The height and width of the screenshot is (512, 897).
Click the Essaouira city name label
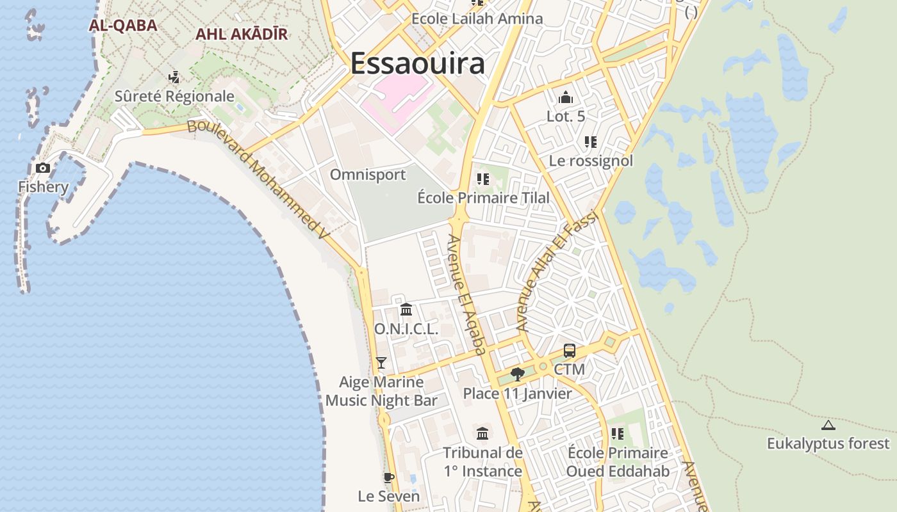[x=417, y=64]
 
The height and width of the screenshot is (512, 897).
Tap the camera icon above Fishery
[x=43, y=168]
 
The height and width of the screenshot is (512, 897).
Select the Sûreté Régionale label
[x=174, y=97]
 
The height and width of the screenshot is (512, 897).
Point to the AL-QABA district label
[x=123, y=26]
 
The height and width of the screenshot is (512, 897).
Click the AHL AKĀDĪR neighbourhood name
[x=242, y=34]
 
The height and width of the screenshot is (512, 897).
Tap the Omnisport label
[x=368, y=175]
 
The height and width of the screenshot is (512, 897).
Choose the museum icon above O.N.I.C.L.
[x=406, y=310]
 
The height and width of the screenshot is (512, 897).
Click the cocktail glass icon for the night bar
[x=381, y=363]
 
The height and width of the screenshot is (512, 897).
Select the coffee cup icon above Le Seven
[x=388, y=477]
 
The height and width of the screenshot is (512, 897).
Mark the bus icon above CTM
[x=570, y=351]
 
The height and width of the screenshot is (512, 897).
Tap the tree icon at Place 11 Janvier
[x=518, y=374]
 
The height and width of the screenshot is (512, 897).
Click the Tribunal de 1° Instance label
[x=482, y=462]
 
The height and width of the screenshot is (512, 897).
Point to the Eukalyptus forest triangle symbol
[x=828, y=426]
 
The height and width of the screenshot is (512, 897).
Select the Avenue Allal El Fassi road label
[x=561, y=271]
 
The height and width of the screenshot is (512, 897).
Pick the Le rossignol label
[x=591, y=161]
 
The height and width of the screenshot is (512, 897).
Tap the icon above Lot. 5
[x=566, y=98]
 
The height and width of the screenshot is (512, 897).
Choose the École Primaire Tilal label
[x=483, y=198]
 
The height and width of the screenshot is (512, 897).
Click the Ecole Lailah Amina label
[x=477, y=19]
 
